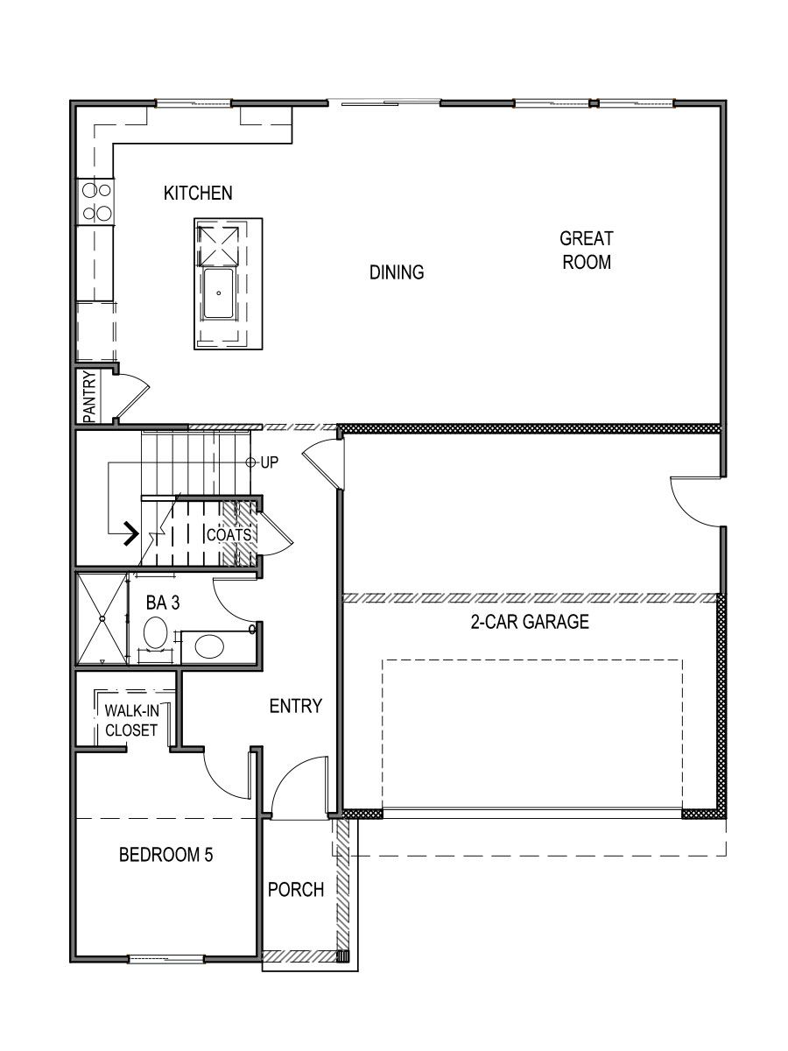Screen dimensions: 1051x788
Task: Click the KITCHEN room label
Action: coord(198,194)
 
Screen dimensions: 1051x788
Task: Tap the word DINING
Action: coord(396,272)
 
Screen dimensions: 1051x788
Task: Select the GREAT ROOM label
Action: coord(587,250)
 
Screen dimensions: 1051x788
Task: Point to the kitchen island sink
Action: coord(218,294)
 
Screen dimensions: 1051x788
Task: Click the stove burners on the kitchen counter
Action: coord(96,201)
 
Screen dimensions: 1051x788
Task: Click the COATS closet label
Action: coord(229,534)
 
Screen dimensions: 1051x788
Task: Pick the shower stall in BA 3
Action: coord(102,618)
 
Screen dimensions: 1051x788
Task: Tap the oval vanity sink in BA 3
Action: coord(209,646)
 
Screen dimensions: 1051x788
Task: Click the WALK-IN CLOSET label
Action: coord(131,719)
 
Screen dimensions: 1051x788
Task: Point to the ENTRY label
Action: coord(295,706)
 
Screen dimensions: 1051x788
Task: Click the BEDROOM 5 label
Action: coord(165,855)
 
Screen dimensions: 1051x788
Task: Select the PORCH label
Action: coord(296,890)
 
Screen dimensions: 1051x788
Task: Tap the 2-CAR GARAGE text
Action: coord(536,623)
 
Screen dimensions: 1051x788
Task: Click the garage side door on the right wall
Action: coord(698,501)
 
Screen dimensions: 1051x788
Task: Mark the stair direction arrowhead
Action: coord(131,533)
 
